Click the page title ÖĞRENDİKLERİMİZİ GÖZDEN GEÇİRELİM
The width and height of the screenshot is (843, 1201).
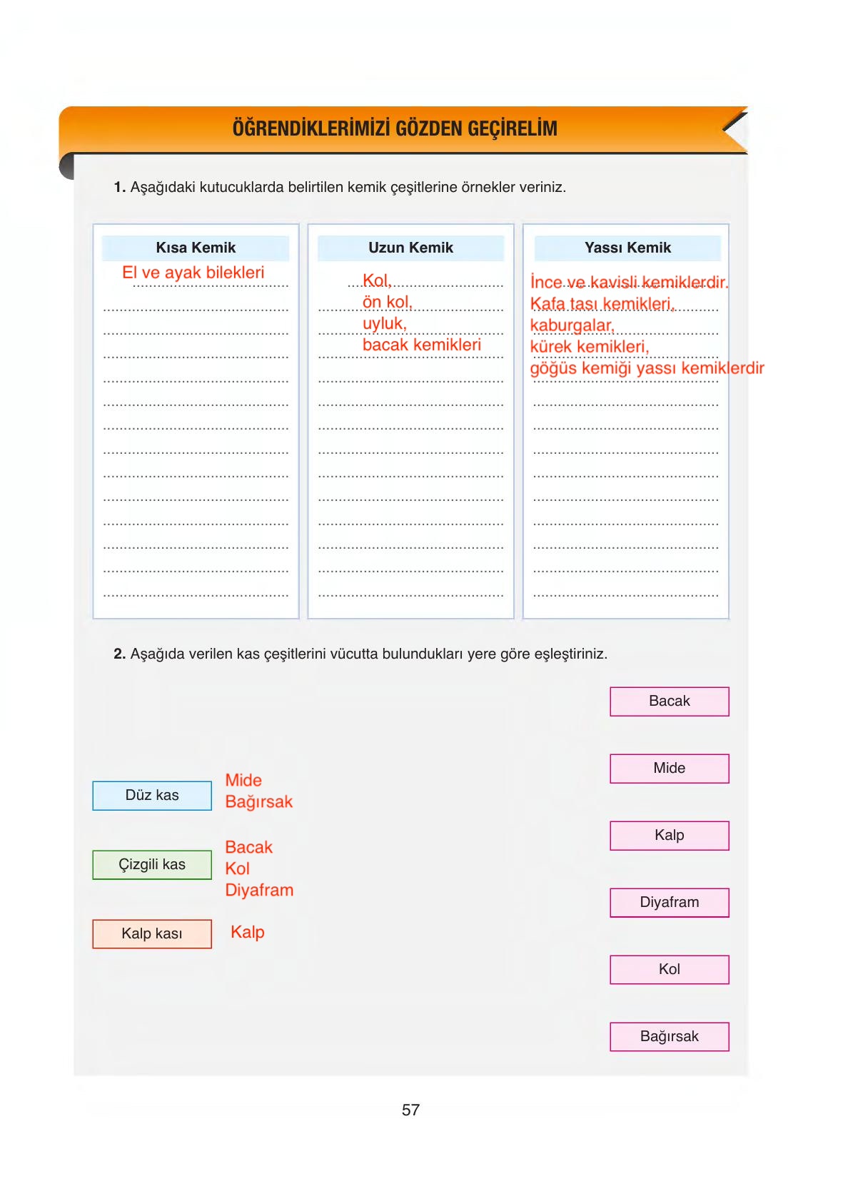(x=395, y=128)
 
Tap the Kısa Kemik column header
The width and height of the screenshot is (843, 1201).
(x=196, y=248)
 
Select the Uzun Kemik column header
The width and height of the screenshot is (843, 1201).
(x=410, y=248)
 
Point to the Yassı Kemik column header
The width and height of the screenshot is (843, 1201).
(x=627, y=248)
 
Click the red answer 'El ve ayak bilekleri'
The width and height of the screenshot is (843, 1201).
(x=193, y=273)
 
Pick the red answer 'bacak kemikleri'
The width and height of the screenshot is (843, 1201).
(x=421, y=345)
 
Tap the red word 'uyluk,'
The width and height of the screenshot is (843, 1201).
(x=384, y=323)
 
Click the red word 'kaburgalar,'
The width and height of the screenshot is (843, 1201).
(x=572, y=325)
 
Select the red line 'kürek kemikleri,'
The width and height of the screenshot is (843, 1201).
(x=589, y=347)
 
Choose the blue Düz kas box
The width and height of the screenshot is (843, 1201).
(x=152, y=796)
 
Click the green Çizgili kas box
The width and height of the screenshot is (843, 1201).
(x=152, y=865)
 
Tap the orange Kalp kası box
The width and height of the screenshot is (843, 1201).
(x=152, y=933)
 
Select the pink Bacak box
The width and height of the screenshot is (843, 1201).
(x=669, y=701)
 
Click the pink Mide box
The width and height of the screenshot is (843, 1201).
(x=669, y=769)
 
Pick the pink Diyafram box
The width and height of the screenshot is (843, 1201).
(x=669, y=903)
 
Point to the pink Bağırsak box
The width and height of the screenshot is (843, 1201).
(x=669, y=1037)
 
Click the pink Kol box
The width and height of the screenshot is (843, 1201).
(x=669, y=970)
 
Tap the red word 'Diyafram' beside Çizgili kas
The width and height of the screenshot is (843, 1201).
(x=259, y=891)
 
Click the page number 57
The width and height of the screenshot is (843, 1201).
(x=410, y=1110)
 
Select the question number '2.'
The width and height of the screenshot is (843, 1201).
(x=120, y=654)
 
